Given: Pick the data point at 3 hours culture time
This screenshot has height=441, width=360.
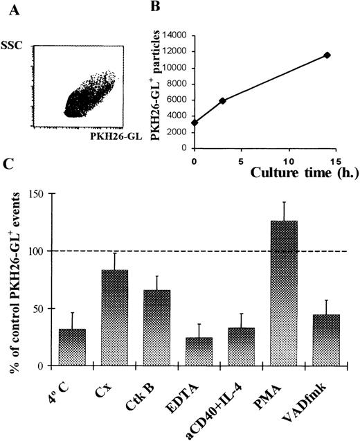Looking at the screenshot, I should click(x=222, y=100).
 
